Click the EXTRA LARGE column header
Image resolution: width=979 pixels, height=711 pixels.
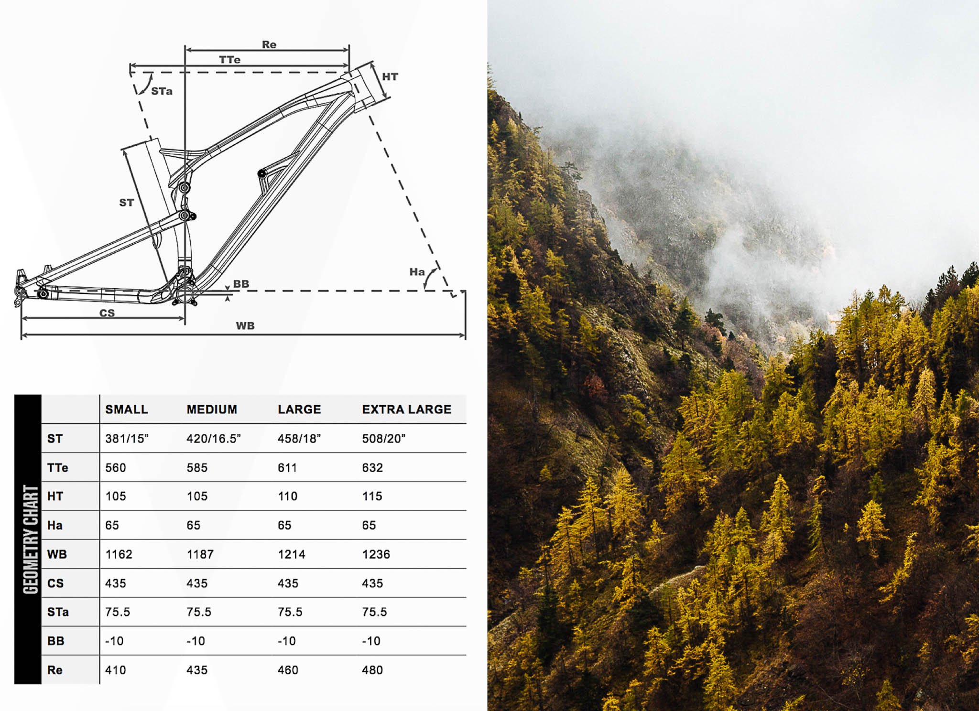coord(406,409)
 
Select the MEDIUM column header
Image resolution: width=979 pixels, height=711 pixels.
coord(212,409)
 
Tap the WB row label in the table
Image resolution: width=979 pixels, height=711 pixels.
coord(57,554)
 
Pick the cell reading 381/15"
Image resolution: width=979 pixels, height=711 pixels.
coord(127,439)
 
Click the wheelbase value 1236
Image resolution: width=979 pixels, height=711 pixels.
coord(376,554)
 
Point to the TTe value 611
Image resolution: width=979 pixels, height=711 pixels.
coord(287,468)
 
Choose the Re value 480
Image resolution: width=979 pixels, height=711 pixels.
coord(372,670)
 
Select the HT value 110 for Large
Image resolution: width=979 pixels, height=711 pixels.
coord(287,496)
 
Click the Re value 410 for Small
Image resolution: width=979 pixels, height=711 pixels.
coord(116,670)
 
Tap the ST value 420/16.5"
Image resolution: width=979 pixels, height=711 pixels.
coord(213,439)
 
